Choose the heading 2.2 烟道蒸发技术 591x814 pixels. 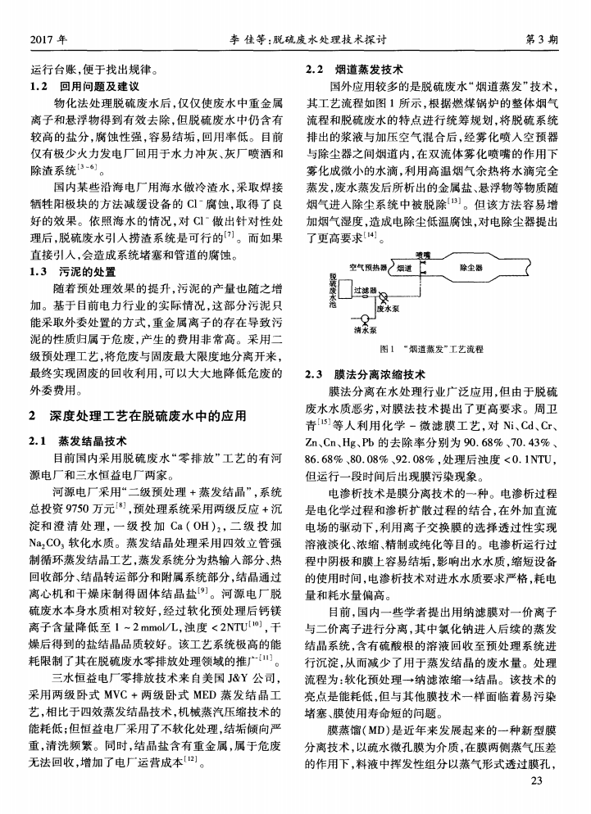click(353, 70)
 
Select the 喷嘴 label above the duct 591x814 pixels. click(423, 256)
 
